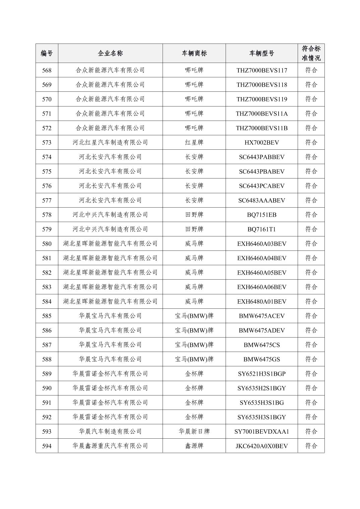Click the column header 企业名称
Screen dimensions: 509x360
[x=110, y=53]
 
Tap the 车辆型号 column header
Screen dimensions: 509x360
[x=261, y=53]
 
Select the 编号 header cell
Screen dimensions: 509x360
[x=47, y=53]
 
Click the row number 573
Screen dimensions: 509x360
[x=47, y=143]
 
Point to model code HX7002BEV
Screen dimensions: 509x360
[x=261, y=143]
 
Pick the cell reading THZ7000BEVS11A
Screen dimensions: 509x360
[x=261, y=114]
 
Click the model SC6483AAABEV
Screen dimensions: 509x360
[x=261, y=200]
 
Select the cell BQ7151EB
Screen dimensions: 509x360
[x=261, y=215]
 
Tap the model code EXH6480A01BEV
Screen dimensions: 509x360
[x=261, y=301]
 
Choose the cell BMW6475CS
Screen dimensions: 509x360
[x=261, y=345]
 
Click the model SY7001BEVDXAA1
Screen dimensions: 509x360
[x=261, y=432]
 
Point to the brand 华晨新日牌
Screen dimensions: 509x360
[x=194, y=432]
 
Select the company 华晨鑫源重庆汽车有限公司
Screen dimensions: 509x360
[x=110, y=446]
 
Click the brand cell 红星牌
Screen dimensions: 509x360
[x=194, y=143]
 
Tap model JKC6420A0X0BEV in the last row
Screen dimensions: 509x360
[x=261, y=446]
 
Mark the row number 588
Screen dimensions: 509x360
[x=47, y=359]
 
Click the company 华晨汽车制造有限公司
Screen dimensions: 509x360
[x=110, y=432]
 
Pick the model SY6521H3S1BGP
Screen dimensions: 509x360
[x=261, y=374]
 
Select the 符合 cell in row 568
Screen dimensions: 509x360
[x=311, y=70]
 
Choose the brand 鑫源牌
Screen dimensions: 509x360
[x=194, y=446]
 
